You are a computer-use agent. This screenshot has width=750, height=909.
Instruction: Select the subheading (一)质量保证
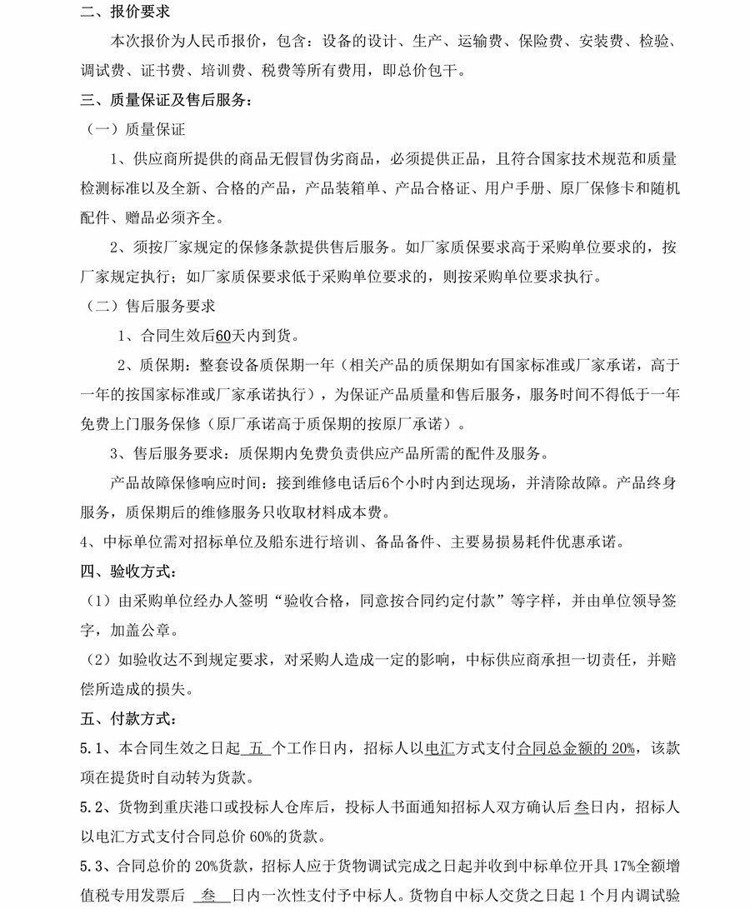coord(136,130)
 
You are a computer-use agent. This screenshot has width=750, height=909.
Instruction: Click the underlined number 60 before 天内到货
coord(222,336)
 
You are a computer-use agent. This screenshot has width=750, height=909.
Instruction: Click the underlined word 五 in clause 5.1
coord(257,748)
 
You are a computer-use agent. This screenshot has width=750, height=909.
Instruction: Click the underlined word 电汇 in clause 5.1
coord(439,748)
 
